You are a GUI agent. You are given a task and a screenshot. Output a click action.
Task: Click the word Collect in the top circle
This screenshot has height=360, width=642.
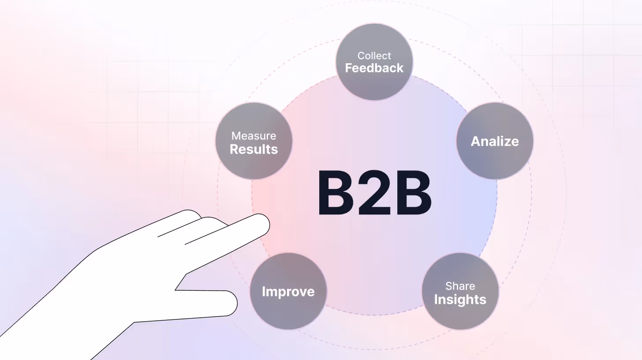tap(374, 56)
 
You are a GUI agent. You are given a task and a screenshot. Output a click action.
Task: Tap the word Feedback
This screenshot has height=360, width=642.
tap(374, 68)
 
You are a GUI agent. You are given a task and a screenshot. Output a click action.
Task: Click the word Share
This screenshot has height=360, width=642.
tap(460, 286)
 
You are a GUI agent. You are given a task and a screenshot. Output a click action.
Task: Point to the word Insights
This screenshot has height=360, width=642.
tap(460, 300)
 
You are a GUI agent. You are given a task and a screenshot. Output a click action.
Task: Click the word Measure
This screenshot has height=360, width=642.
tap(254, 136)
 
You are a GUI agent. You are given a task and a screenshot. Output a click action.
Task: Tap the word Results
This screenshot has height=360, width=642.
tap(254, 149)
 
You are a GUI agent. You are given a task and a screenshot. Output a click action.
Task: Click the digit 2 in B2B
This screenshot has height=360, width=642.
tap(374, 194)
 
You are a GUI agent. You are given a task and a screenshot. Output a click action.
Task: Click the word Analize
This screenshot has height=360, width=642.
tap(494, 141)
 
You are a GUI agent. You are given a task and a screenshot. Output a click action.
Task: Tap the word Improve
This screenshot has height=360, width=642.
tap(288, 292)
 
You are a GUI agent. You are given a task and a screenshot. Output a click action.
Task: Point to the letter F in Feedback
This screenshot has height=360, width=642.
tap(348, 68)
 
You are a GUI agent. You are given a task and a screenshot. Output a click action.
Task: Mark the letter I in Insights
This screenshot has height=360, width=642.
tap(436, 300)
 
